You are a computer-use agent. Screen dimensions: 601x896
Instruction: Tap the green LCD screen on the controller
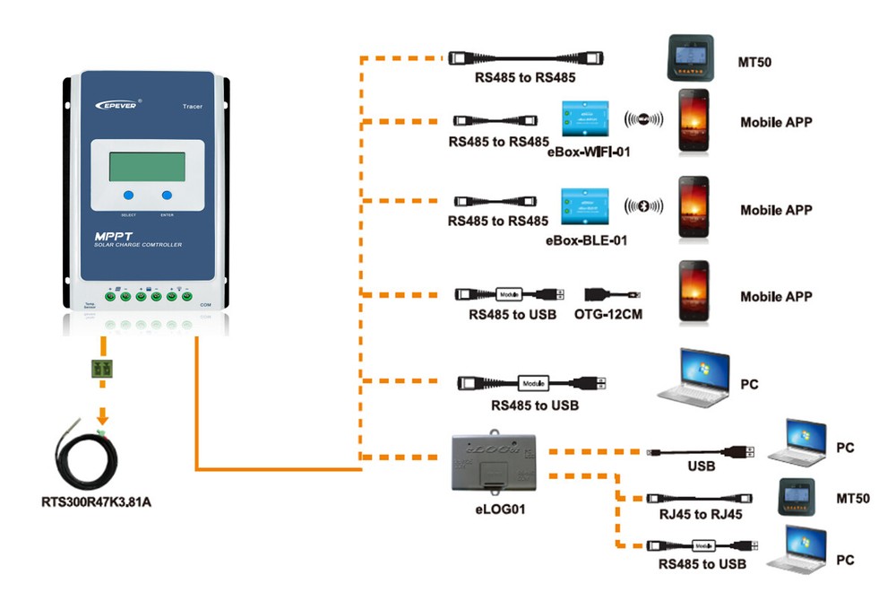[147, 167]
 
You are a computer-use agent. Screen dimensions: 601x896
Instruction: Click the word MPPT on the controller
[113, 236]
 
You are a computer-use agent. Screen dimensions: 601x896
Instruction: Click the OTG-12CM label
[608, 315]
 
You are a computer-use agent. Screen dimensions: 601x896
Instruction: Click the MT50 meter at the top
[695, 60]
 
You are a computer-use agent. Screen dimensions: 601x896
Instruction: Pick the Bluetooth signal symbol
[643, 204]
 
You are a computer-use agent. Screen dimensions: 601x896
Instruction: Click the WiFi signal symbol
[644, 118]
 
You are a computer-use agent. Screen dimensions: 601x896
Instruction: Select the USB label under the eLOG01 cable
[701, 466]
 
